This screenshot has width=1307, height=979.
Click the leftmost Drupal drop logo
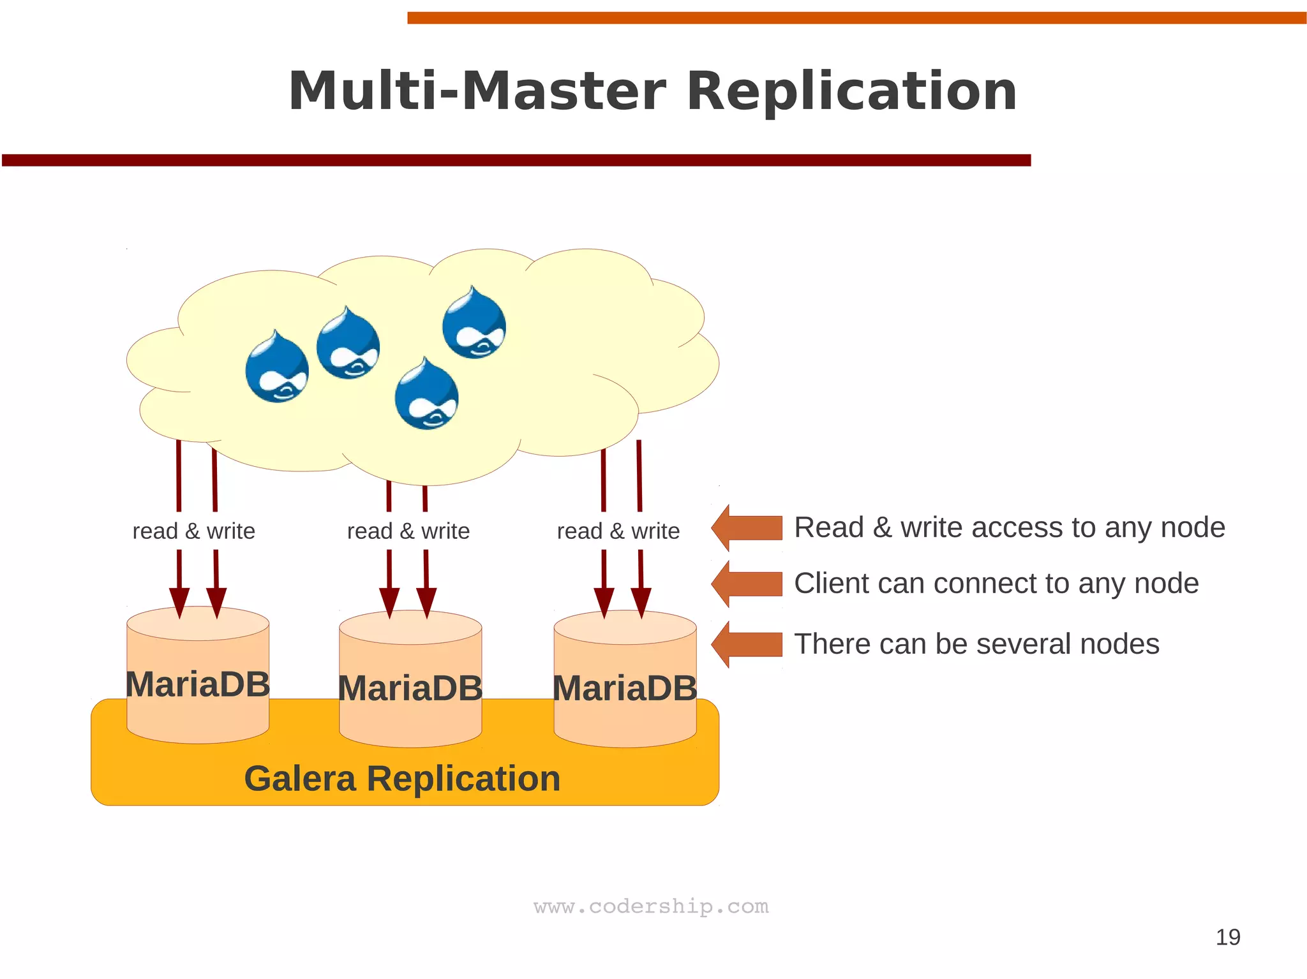(277, 368)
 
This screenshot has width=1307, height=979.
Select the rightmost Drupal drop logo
(474, 324)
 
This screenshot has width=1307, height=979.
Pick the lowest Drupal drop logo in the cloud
(426, 395)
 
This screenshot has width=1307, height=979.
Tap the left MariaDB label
(198, 684)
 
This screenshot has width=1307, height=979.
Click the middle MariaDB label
(410, 689)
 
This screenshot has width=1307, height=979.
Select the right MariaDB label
(625, 689)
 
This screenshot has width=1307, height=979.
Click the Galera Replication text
(402, 779)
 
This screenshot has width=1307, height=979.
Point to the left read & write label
(193, 531)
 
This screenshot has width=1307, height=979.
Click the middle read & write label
(408, 531)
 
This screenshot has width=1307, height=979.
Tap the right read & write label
(618, 531)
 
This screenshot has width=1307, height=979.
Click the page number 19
(1227, 937)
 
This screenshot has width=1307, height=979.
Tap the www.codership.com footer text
(651, 906)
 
